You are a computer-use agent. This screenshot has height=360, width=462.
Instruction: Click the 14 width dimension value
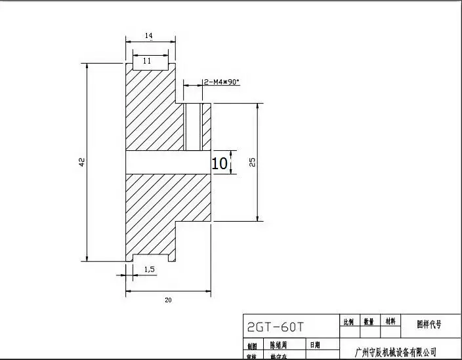[x=149, y=35]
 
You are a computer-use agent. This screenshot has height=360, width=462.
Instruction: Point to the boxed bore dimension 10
[x=220, y=163]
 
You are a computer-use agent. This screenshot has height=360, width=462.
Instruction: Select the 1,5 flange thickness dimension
[x=149, y=269]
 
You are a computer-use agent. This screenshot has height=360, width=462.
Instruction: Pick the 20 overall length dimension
[x=168, y=300]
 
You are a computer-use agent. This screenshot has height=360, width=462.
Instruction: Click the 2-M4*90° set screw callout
[x=222, y=82]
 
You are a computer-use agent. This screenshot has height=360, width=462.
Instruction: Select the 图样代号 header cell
[x=429, y=323]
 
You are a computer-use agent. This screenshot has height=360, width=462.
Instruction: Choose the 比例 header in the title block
[x=348, y=322]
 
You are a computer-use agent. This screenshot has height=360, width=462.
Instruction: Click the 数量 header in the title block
[x=369, y=322]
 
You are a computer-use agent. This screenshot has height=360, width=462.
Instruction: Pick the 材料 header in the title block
[x=390, y=322]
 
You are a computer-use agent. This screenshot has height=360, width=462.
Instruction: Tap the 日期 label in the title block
[x=316, y=344]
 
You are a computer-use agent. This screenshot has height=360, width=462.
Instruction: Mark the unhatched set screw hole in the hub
[x=194, y=127]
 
